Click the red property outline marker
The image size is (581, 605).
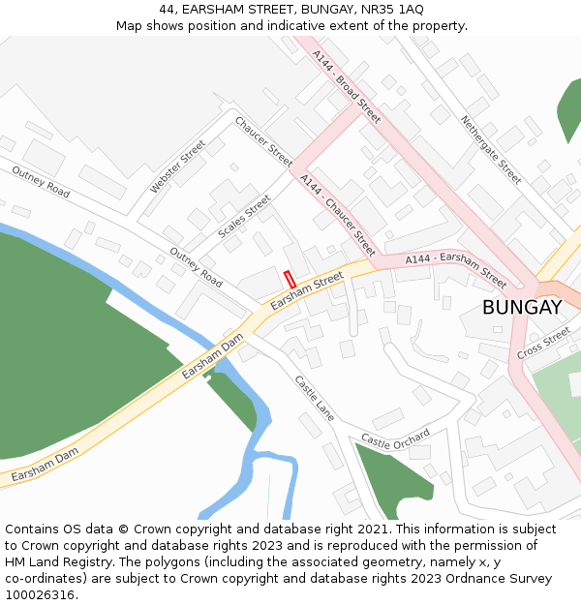289,278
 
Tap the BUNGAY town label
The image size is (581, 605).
522,308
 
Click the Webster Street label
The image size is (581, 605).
178,166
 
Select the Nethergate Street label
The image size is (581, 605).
491,150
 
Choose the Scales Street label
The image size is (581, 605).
244,217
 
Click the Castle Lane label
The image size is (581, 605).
315,397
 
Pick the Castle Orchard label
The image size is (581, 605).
395,439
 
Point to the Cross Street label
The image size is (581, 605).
543,342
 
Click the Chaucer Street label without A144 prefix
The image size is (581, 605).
262,140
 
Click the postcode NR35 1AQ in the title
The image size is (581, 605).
397,9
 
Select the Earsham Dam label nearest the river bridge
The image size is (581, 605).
212,355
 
